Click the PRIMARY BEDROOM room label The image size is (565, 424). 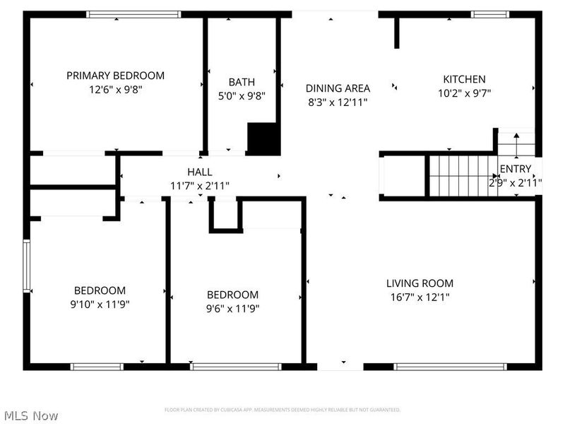[115, 76]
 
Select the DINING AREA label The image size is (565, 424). [338, 88]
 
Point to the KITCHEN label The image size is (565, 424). [464, 79]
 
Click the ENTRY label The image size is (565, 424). [515, 169]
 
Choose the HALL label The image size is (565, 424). [199, 172]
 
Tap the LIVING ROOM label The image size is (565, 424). [420, 283]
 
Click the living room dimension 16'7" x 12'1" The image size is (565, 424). [420, 298]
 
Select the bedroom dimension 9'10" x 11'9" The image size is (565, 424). [100, 305]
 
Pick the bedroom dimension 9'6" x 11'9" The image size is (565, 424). [232, 309]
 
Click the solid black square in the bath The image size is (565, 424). [263, 139]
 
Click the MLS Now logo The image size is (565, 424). [30, 416]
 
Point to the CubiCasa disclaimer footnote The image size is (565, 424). [282, 410]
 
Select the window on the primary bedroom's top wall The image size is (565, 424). [133, 14]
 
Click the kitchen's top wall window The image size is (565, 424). [490, 14]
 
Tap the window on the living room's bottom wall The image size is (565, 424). [450, 367]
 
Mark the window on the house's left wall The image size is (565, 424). [27, 266]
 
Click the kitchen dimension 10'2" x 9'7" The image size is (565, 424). [464, 93]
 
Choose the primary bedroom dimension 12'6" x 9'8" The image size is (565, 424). [115, 90]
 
